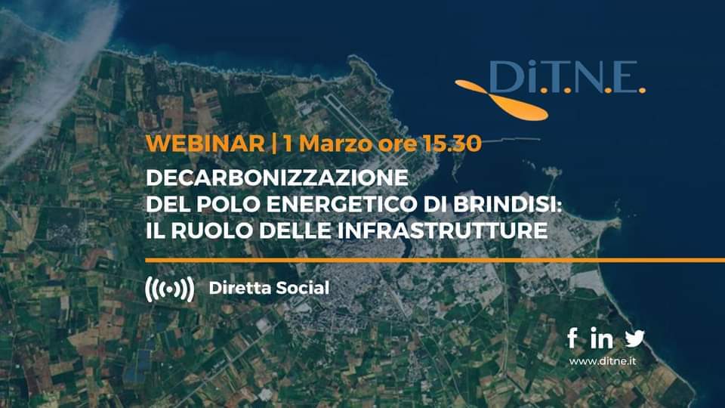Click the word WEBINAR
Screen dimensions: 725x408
pos(205,144)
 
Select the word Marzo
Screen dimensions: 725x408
pos(335,144)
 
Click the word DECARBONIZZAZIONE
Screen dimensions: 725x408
pos(277,178)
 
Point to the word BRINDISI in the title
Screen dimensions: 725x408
pos(504,204)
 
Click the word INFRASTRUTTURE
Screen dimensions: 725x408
pos(443,230)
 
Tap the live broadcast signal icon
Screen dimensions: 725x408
pos(169,289)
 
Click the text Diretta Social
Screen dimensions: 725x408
pos(269,288)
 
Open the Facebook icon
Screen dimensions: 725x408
pos(572,338)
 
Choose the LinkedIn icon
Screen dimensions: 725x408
pos(602,338)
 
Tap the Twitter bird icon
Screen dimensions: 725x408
pos(635,338)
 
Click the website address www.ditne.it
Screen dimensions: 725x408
pos(603,361)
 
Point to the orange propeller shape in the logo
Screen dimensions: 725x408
pos(501,100)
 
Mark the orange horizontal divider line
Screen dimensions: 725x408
pos(435,261)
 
